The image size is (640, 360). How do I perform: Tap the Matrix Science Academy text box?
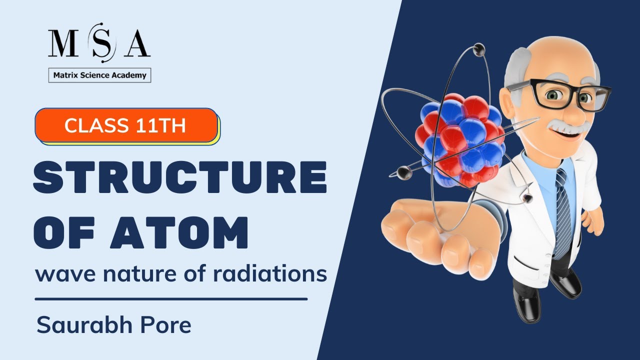(x=99, y=75)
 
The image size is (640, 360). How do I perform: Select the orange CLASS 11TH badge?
(x=126, y=125)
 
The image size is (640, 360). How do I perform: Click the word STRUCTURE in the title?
(x=180, y=178)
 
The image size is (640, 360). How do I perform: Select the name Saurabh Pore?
(x=114, y=325)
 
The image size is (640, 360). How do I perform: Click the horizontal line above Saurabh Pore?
(x=171, y=299)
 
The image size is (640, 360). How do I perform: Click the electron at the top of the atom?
(x=478, y=49)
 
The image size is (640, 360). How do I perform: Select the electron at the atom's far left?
(x=404, y=173)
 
